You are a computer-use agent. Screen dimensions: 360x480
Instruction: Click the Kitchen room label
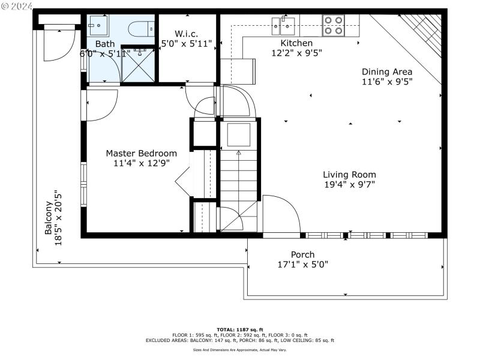pos(296,43)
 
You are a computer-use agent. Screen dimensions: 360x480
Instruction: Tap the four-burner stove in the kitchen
pos(334,25)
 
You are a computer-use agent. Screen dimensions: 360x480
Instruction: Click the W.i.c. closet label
pos(186,34)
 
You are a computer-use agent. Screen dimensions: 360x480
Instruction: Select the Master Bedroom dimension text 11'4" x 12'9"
pos(141,163)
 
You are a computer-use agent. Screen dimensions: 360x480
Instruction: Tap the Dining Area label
pos(387,71)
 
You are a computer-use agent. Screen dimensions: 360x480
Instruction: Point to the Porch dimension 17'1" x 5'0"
pos(303,264)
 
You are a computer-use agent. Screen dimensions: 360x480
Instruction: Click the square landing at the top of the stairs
pos(238,135)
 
